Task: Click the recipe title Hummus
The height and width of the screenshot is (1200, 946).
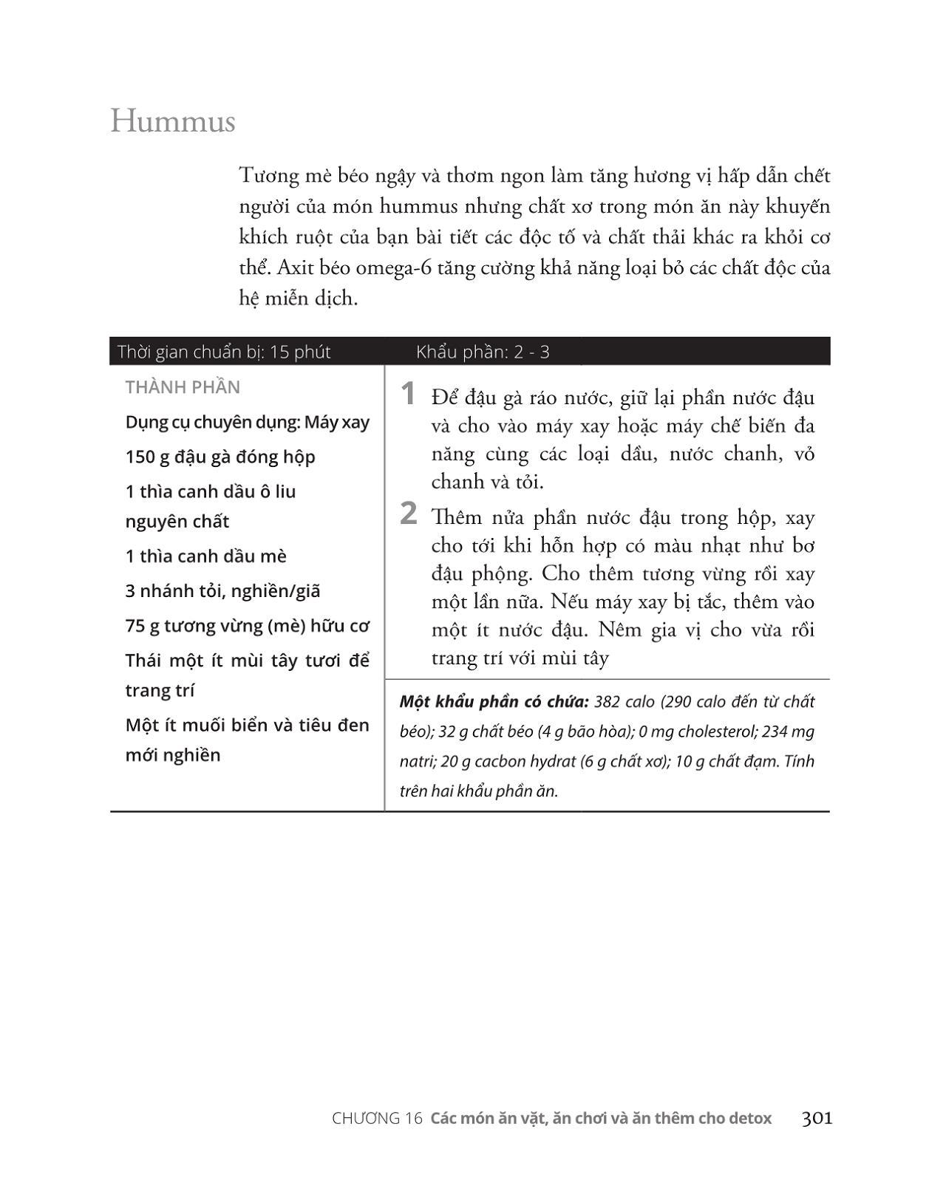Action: point(173,121)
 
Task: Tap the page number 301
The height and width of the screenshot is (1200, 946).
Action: point(817,1118)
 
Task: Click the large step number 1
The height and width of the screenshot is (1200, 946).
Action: point(408,395)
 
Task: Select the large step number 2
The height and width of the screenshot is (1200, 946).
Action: point(408,514)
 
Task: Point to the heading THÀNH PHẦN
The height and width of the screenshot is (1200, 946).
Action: point(183,387)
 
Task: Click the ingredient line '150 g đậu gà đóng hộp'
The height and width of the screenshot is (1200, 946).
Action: point(220,457)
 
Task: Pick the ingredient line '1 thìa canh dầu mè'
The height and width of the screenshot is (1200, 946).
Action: point(205,556)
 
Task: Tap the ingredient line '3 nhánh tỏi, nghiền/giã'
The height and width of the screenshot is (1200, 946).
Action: point(222,590)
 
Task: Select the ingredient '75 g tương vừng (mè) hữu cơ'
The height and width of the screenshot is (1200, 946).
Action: point(247,626)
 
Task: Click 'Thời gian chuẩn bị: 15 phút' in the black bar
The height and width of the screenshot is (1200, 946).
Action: point(224,352)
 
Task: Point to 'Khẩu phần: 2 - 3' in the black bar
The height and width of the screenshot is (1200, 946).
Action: point(483,352)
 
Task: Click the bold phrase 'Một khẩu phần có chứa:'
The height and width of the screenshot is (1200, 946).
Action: point(494,701)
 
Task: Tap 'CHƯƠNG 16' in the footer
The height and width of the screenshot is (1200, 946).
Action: point(377,1119)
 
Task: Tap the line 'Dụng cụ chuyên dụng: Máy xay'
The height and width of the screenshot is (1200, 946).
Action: point(247,422)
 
